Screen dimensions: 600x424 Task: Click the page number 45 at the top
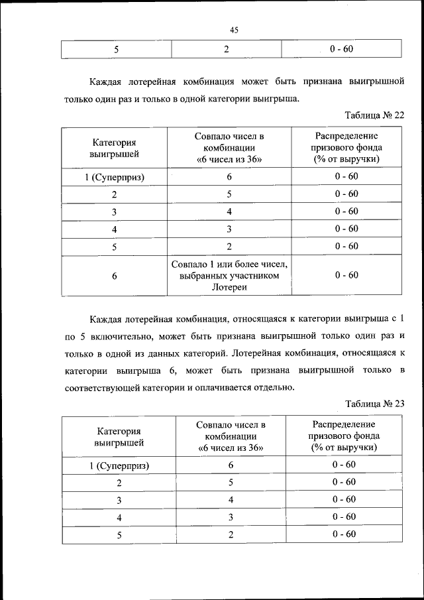tap(234, 30)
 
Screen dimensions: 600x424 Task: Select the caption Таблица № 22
tap(374, 114)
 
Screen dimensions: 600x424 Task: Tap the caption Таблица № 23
tap(374, 402)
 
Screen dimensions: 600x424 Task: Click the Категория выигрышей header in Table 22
tap(115, 148)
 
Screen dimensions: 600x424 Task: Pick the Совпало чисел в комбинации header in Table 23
tap(231, 436)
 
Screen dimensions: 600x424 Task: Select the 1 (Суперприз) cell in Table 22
tap(115, 177)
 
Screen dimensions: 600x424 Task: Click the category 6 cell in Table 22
tap(115, 275)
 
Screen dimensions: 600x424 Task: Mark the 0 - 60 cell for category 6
tap(346, 275)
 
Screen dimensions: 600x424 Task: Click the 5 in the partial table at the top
tap(117, 49)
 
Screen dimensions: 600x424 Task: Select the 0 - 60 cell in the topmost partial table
tap(341, 49)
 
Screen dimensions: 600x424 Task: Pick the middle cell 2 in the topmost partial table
tap(227, 49)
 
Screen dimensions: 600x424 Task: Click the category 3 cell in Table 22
tap(115, 211)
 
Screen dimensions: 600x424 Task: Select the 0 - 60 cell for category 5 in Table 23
tap(344, 534)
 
